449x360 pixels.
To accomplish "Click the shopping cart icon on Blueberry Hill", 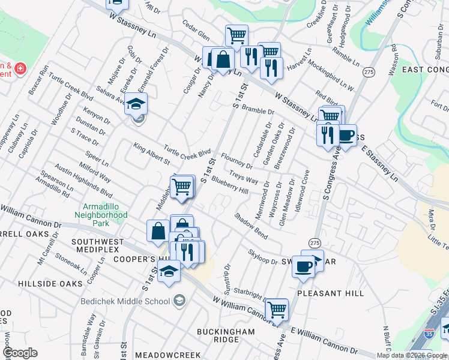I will [182, 188].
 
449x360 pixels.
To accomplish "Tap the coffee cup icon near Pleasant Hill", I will [304, 266].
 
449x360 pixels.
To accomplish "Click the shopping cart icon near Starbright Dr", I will [277, 310].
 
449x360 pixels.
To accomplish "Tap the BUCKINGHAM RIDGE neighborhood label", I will [218, 335].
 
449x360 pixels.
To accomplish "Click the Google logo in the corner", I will [20, 353].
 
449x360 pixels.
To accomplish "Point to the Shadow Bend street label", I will [251, 226].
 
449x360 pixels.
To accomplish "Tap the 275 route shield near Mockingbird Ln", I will [369, 71].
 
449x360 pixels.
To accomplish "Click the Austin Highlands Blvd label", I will [83, 181].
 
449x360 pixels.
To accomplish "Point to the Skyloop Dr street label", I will [262, 257].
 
